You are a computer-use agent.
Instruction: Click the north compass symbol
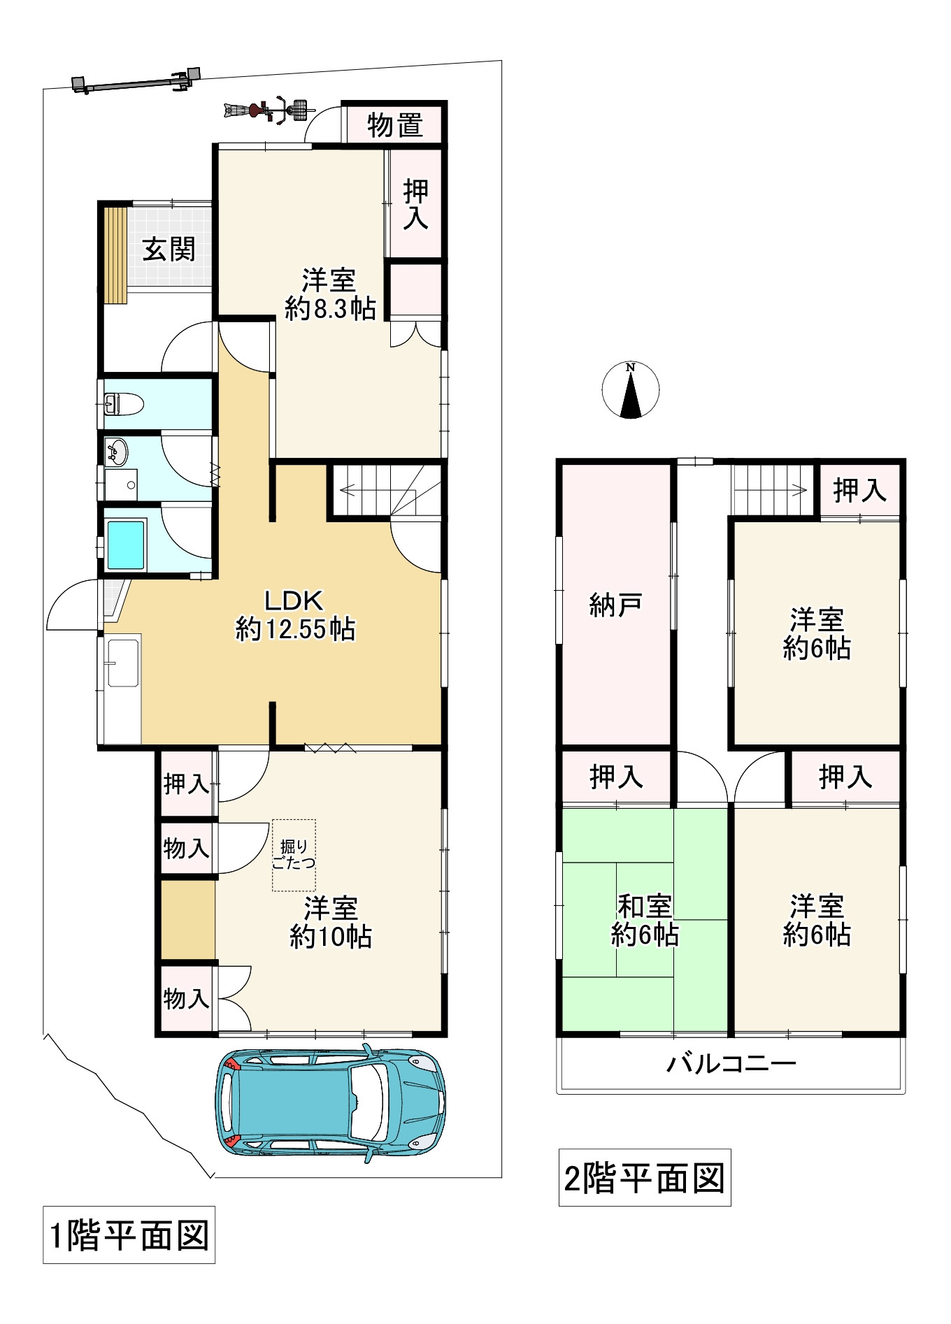[630, 390]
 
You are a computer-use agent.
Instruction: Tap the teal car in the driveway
[330, 1103]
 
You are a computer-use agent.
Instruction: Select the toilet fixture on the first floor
[123, 403]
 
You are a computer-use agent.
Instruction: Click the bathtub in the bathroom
[126, 545]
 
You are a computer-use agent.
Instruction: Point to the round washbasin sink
[117, 452]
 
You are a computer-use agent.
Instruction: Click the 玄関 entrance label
[169, 249]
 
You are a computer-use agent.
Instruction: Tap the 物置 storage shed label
[395, 125]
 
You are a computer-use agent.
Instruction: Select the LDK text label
[294, 600]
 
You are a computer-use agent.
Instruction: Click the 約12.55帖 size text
[295, 629]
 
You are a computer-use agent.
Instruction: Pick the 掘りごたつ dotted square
[294, 855]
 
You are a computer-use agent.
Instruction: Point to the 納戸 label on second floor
[615, 605]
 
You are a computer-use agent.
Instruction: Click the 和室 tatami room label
[644, 906]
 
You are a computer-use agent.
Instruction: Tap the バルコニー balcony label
[731, 1064]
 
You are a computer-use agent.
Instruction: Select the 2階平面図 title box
[645, 1178]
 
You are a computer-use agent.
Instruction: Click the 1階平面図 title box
[129, 1235]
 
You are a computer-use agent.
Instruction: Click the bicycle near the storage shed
[267, 110]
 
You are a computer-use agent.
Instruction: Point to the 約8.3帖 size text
[330, 308]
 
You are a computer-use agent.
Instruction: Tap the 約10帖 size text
[330, 936]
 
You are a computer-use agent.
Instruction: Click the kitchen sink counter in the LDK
[122, 689]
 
